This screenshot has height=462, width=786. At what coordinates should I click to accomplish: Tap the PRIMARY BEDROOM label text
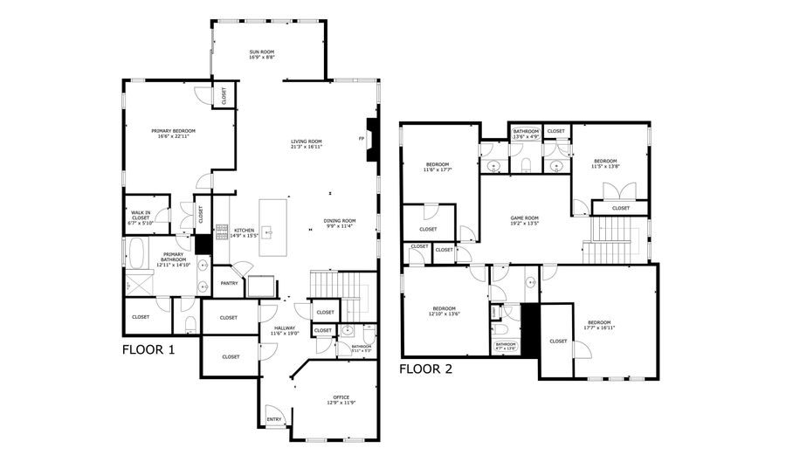point(176,131)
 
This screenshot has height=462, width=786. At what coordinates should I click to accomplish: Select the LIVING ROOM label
point(307,141)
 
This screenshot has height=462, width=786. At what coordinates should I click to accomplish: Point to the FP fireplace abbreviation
point(361,139)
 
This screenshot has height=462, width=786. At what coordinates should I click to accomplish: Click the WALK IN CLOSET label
point(141,214)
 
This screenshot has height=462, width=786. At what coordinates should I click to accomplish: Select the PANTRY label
point(229,283)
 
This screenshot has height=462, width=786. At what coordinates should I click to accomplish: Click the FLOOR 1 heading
point(148,350)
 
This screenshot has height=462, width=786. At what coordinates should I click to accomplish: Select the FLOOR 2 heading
point(426,369)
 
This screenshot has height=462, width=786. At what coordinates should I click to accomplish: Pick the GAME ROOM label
point(525,218)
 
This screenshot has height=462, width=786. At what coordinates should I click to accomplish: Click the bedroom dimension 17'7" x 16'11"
point(599,328)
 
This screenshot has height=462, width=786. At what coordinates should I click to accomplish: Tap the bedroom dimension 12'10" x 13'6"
point(443,314)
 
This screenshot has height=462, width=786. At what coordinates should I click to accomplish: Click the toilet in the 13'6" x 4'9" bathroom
point(526,164)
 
